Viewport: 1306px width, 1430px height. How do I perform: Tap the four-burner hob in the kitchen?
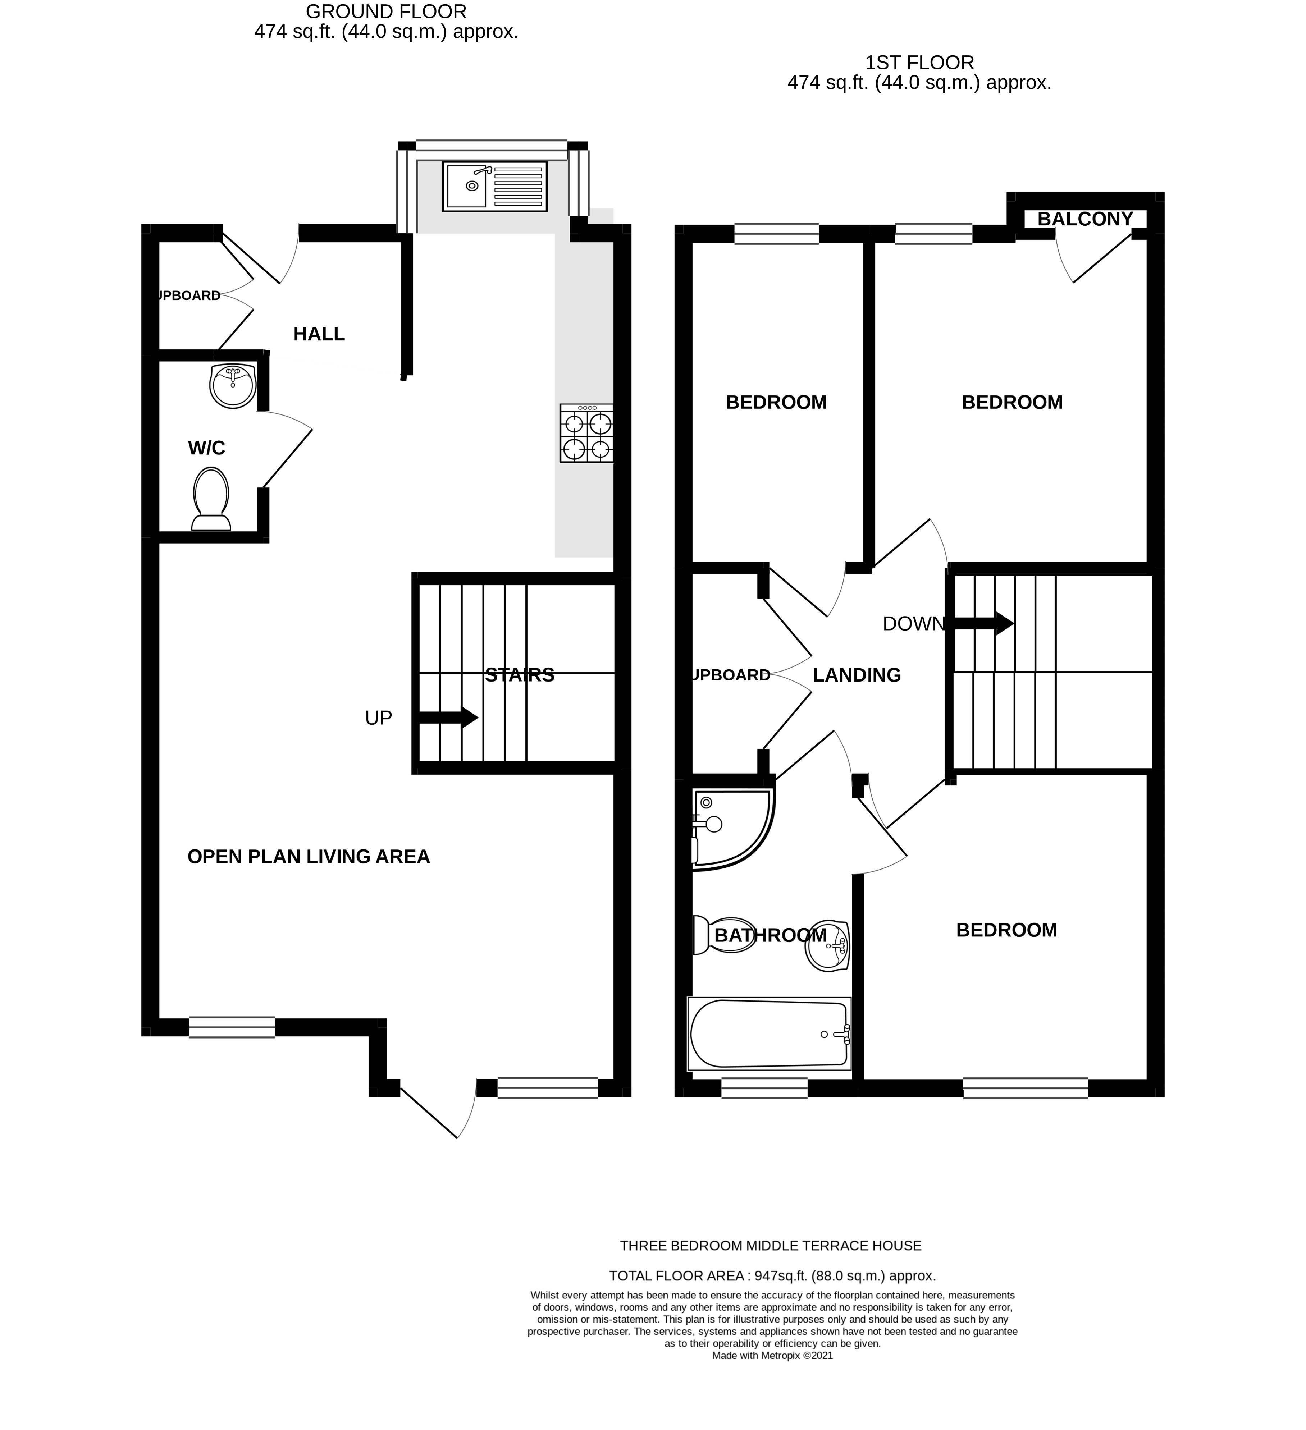pos(586,434)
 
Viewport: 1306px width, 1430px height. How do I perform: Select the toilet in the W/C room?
pos(211,499)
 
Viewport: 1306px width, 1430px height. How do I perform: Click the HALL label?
pos(319,334)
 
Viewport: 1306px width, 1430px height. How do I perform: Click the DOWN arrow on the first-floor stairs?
pos(983,623)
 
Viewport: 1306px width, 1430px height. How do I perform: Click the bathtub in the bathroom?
pos(769,1034)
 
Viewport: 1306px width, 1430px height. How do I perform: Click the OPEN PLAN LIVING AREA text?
pos(309,857)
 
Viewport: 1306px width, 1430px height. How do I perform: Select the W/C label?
pos(206,448)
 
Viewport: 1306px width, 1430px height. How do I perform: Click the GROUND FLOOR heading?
pos(386,12)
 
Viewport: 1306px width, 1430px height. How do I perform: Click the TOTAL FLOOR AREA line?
pos(772,1276)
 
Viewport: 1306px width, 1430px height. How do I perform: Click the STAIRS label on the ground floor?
pos(519,675)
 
